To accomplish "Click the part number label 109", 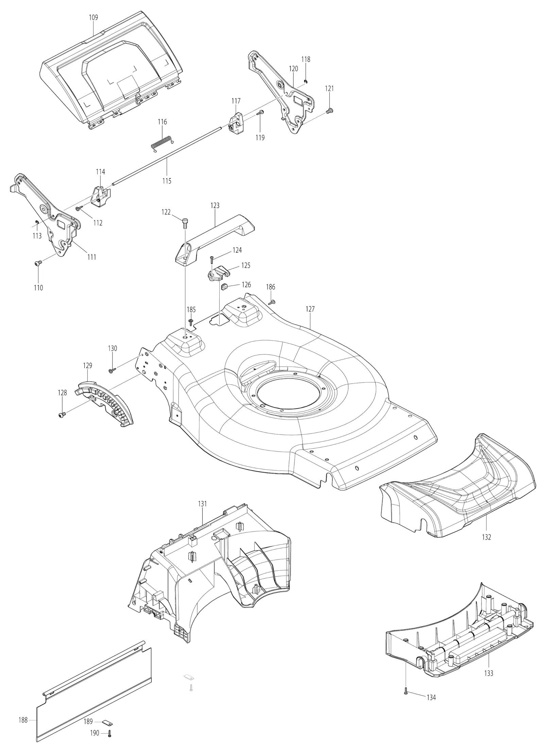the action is point(93,17).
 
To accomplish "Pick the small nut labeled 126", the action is point(224,287).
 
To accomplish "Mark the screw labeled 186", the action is point(272,302).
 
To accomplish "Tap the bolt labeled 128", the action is point(62,414).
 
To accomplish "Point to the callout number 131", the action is point(202,503).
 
